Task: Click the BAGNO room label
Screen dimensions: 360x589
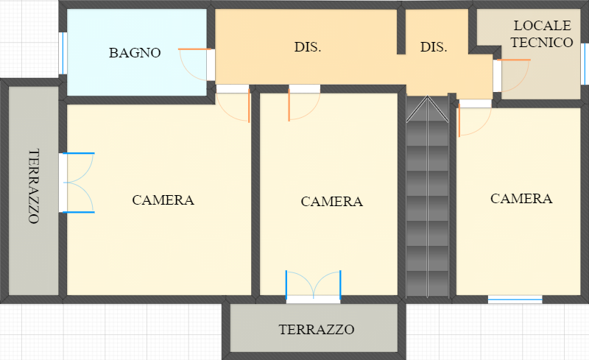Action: (135, 52)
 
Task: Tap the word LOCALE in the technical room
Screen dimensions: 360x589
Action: (542, 26)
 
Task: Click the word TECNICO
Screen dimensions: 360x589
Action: (542, 43)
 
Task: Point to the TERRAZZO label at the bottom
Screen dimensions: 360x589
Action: (317, 329)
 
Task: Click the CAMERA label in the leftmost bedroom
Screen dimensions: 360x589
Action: (163, 200)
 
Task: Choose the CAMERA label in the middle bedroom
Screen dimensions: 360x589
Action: (332, 201)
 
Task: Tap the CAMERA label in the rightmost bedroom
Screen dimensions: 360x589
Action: (521, 198)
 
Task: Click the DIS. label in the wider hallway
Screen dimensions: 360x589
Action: (308, 47)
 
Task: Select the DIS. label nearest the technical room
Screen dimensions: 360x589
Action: (434, 47)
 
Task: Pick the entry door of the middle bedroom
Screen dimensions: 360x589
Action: (303, 103)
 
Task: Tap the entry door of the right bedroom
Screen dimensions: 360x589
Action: (473, 119)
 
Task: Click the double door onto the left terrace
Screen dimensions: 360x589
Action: (78, 183)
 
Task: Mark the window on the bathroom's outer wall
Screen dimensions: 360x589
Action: (63, 52)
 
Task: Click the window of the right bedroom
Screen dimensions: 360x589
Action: (515, 298)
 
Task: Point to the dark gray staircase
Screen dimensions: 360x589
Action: (428, 199)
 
